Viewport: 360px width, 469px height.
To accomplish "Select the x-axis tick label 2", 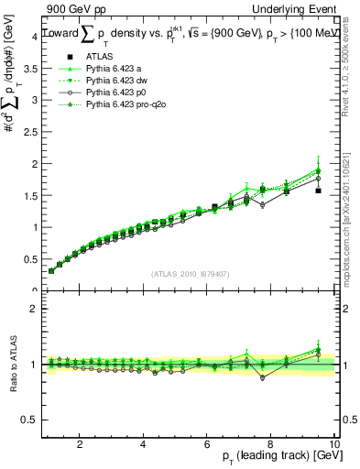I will coord(81,444).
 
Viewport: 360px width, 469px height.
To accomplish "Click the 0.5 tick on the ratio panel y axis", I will coord(28,420).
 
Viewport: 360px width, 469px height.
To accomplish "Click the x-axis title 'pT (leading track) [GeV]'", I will coord(274,457).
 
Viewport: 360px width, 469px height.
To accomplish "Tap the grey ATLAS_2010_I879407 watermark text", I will coord(190,273).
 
